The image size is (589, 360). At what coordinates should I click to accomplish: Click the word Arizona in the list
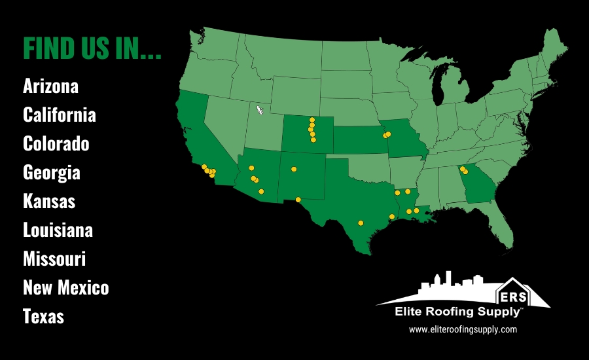tap(50, 86)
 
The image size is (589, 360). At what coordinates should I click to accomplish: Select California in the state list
tap(59, 115)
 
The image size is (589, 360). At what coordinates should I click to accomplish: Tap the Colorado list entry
tap(56, 143)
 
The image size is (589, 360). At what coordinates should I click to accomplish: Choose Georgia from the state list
tap(51, 172)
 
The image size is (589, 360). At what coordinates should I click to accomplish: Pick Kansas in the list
tap(48, 201)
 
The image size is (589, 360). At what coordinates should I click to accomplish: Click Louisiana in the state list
tap(58, 230)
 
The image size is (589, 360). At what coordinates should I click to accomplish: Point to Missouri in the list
tap(54, 259)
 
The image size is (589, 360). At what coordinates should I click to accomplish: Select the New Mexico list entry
tap(65, 287)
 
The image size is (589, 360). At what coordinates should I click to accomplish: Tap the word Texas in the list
tap(43, 317)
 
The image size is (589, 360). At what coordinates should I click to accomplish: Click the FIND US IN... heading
tap(92, 48)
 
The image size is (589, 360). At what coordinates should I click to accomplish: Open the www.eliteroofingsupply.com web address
tap(463, 330)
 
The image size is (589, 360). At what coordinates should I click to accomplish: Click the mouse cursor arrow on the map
tap(260, 109)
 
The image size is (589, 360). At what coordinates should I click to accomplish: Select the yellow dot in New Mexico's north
tap(294, 169)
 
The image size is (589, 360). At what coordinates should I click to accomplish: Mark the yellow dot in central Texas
tap(361, 223)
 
